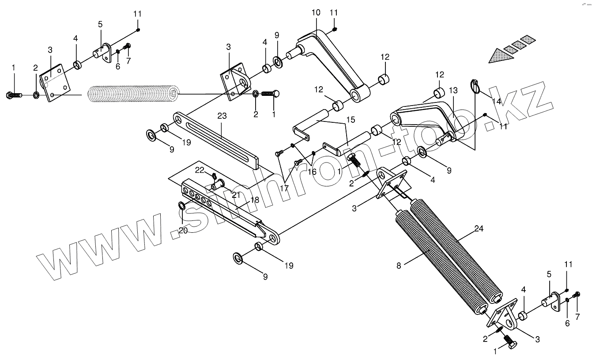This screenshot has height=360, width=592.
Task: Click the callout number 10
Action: pyautogui.click(x=316, y=12)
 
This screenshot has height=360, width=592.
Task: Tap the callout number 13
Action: pyautogui.click(x=453, y=91)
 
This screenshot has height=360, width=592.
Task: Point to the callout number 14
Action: pyautogui.click(x=497, y=101)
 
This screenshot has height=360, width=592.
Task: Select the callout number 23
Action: pyautogui.click(x=222, y=117)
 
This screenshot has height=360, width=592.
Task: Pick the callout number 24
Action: pyautogui.click(x=479, y=228)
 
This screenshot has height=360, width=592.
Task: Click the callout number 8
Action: pyautogui.click(x=399, y=265)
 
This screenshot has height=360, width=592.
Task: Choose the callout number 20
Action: pyautogui.click(x=183, y=230)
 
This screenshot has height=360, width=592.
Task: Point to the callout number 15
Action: pyautogui.click(x=350, y=119)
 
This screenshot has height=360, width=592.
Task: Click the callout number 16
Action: pyautogui.click(x=312, y=171)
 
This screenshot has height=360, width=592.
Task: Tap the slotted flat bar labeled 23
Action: pyautogui.click(x=221, y=138)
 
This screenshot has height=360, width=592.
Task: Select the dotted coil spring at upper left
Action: pyautogui.click(x=133, y=94)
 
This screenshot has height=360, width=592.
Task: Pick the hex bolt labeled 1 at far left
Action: pyautogui.click(x=14, y=95)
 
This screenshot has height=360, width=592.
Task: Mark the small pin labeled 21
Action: pyautogui.click(x=218, y=184)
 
